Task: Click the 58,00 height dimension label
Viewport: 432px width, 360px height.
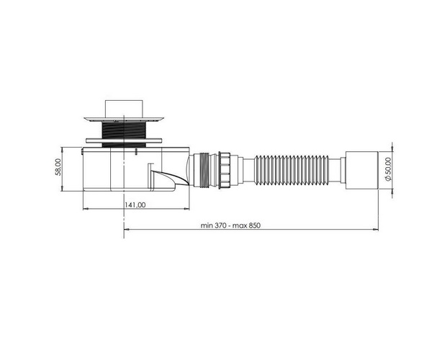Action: tap(58, 166)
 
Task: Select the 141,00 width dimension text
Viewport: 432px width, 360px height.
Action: tap(135, 205)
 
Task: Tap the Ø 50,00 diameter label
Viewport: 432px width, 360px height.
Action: tap(388, 169)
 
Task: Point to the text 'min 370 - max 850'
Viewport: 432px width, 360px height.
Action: tap(230, 225)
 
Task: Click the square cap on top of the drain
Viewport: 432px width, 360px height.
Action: tap(124, 109)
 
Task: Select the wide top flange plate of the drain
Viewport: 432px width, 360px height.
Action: tap(124, 120)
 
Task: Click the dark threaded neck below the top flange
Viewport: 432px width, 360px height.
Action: tap(124, 130)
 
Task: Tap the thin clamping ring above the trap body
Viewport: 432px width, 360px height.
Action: tap(124, 140)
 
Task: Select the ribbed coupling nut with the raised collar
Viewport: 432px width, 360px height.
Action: tap(224, 170)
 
